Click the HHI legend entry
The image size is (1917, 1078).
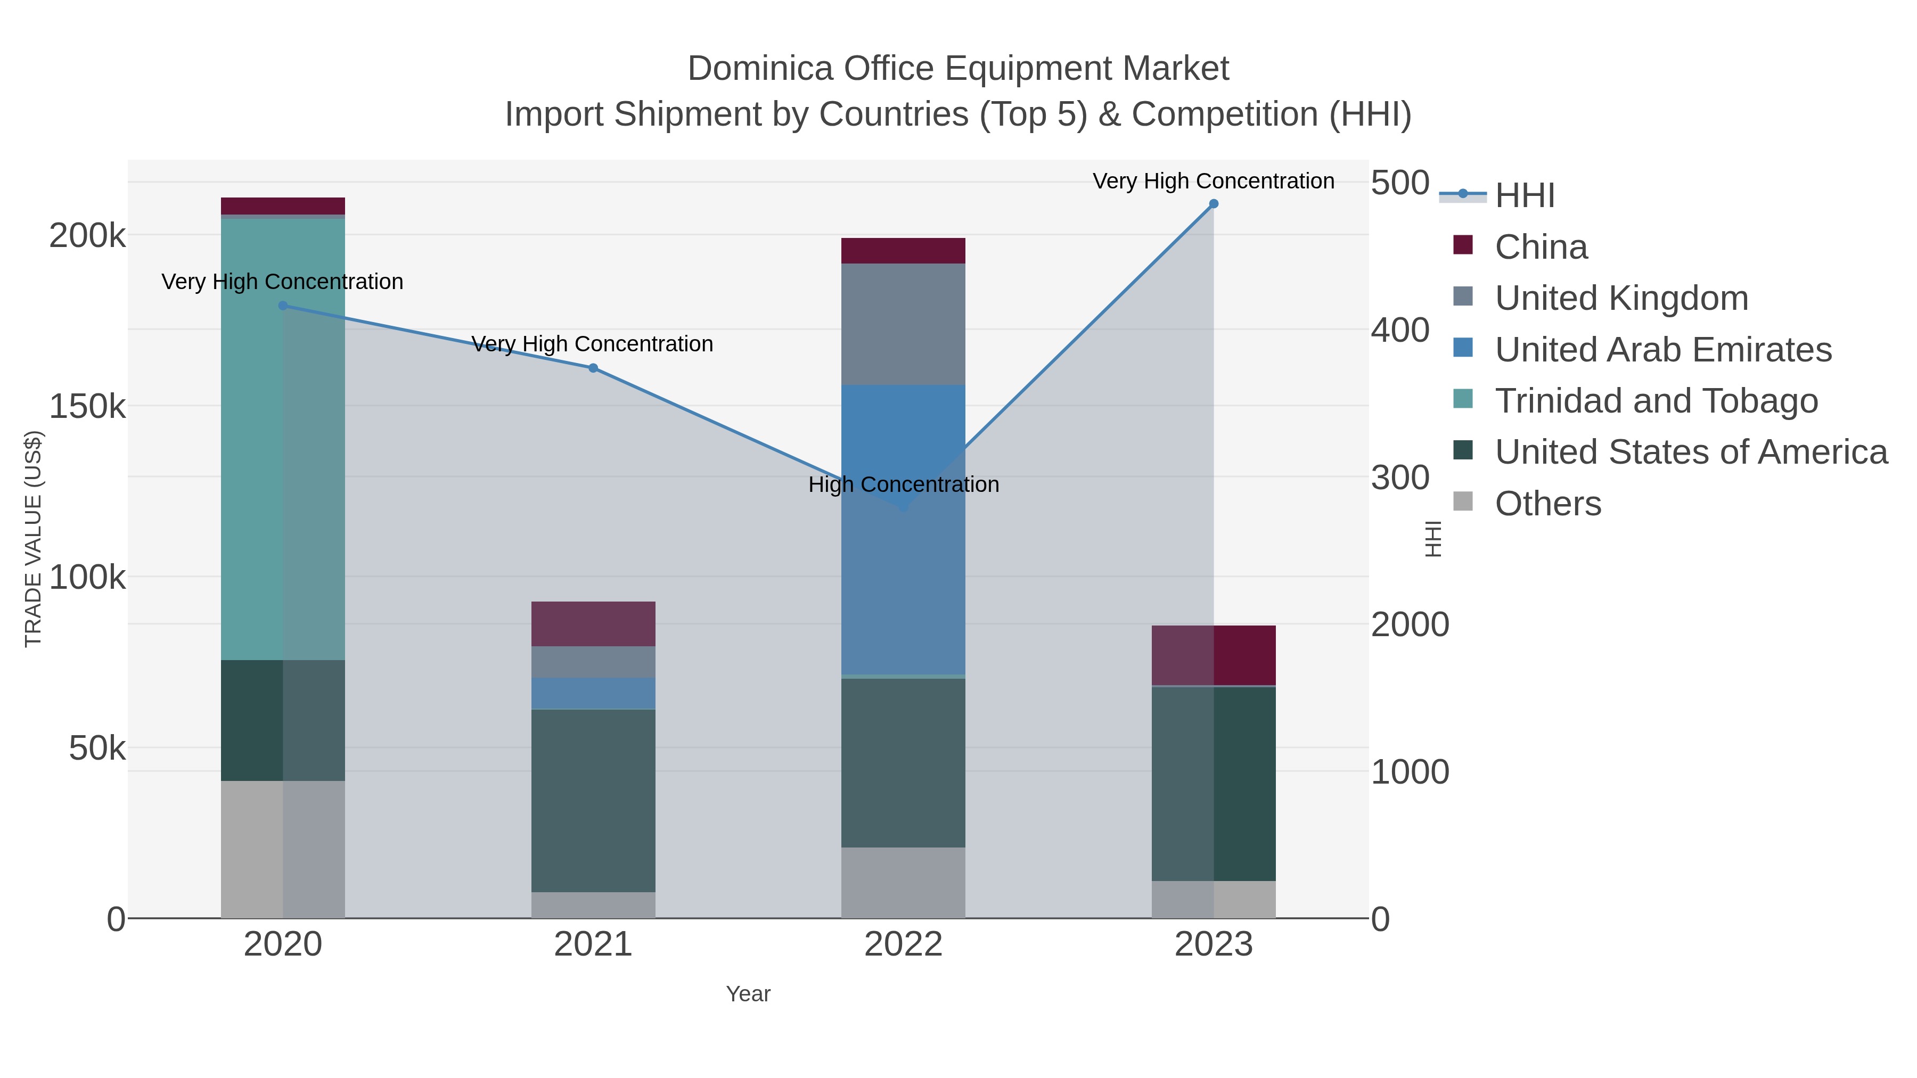pyautogui.click(x=1524, y=196)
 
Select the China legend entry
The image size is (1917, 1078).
pyautogui.click(x=1541, y=247)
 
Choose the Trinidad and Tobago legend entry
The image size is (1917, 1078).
pyautogui.click(x=1656, y=401)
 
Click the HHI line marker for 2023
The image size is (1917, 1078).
pyautogui.click(x=1213, y=204)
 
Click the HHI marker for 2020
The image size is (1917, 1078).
pyautogui.click(x=283, y=306)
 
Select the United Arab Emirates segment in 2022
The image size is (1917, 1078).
pyautogui.click(x=903, y=528)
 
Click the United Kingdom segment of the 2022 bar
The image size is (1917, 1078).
pyautogui.click(x=903, y=324)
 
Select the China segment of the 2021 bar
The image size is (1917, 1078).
pyautogui.click(x=593, y=623)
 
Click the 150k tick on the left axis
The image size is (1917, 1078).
pyautogui.click(x=88, y=407)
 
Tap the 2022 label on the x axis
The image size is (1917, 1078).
pyautogui.click(x=903, y=945)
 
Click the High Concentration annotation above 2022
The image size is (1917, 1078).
pyautogui.click(x=903, y=484)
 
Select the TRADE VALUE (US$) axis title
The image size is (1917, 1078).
pyautogui.click(x=34, y=539)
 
